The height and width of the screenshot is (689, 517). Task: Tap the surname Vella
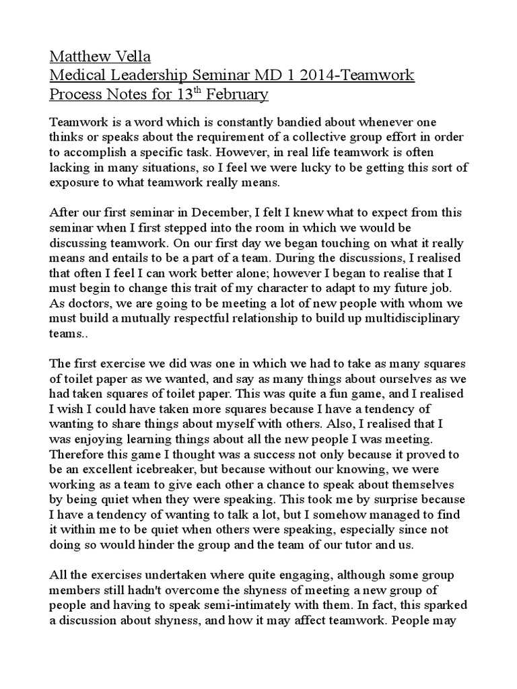[137, 55]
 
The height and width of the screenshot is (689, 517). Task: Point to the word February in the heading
[237, 94]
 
